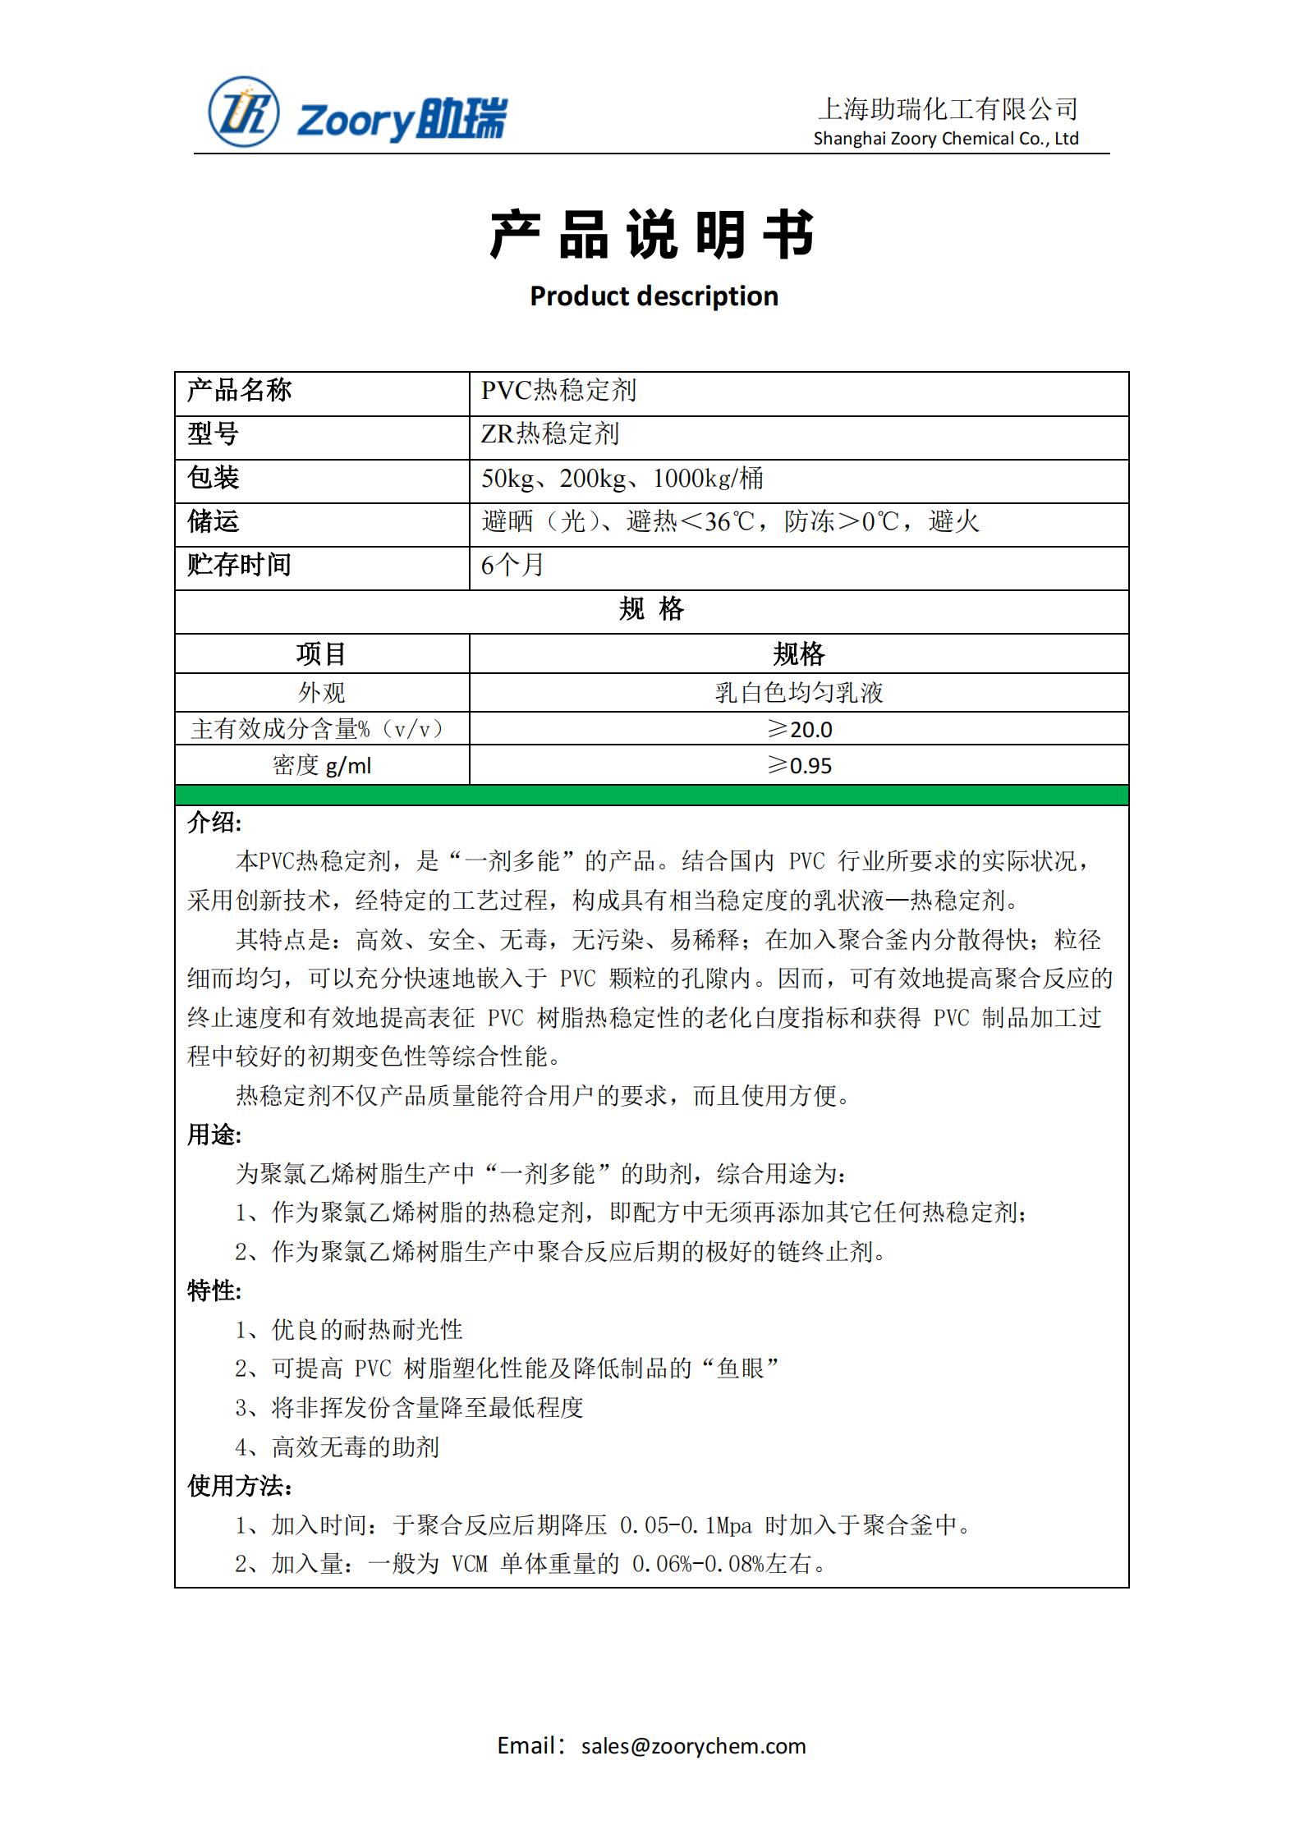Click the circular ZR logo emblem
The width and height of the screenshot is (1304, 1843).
(x=244, y=112)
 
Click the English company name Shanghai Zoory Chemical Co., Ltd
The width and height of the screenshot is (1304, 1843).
(x=945, y=139)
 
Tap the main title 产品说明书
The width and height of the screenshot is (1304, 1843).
(x=652, y=235)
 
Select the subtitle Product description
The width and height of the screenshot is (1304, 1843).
(x=654, y=296)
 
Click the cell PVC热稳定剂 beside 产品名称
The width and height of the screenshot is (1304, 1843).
(x=558, y=391)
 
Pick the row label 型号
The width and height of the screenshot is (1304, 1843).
(x=213, y=433)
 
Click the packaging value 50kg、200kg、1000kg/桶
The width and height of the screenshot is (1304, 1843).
(x=622, y=478)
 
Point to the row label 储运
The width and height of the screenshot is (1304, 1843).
(x=213, y=521)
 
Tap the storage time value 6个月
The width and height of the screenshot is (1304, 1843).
(x=512, y=565)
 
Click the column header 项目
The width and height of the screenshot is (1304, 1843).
(x=321, y=653)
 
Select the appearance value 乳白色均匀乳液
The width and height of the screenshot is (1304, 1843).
(x=798, y=693)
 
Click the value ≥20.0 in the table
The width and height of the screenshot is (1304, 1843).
(x=798, y=729)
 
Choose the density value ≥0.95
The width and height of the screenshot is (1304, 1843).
(x=798, y=765)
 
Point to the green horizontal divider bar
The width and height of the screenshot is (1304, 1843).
(x=651, y=795)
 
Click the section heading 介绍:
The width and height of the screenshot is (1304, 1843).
(x=214, y=823)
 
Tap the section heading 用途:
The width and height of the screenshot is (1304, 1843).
(x=214, y=1135)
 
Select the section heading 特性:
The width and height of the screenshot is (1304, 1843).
(x=214, y=1291)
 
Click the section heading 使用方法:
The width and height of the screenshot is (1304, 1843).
(x=240, y=1486)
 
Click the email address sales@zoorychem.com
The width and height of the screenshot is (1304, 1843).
(x=693, y=1745)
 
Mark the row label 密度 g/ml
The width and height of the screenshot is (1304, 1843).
(x=321, y=765)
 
